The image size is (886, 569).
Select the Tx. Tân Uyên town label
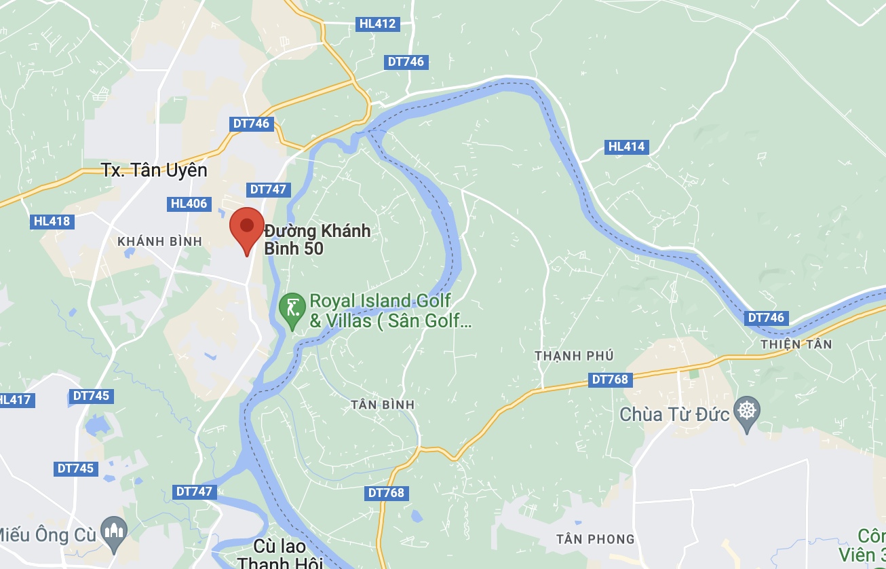point(154,170)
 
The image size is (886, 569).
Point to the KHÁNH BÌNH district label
point(160,241)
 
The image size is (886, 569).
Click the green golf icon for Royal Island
point(292,310)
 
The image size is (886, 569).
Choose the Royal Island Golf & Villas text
point(389,310)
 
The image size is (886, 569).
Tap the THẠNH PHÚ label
point(573,356)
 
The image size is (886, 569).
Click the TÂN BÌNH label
point(383,405)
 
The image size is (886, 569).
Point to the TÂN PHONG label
point(595,539)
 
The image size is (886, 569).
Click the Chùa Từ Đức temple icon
point(747,411)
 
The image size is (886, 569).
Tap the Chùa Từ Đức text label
point(674,414)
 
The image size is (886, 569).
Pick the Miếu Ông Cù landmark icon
point(113,532)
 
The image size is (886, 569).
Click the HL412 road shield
point(377,24)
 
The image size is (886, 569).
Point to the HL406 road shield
point(189,204)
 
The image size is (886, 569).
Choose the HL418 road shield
point(52,221)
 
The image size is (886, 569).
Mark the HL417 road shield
point(16,400)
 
